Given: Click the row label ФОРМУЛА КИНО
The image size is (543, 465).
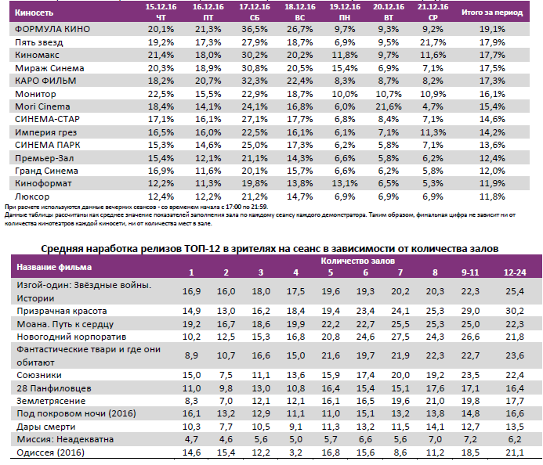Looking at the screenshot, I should [52, 29].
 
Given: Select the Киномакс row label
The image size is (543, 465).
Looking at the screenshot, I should [38, 55].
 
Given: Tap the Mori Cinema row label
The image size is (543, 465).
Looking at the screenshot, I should [43, 106].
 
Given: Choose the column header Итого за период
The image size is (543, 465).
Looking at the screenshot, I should [494, 13].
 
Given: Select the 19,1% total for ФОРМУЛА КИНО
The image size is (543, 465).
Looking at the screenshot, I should [494, 29].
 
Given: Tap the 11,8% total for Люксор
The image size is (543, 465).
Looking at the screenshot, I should [494, 195].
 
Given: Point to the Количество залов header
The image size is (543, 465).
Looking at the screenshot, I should [357, 260].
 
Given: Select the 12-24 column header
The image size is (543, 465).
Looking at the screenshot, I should [514, 272].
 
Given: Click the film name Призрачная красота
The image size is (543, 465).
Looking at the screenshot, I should [62, 311].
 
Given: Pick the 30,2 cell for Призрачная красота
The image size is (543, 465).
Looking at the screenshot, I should [514, 311].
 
